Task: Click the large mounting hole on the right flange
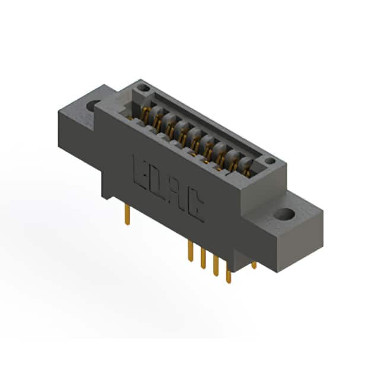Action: coord(285,214)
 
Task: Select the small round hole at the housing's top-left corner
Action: coord(143,87)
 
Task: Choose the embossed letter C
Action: coord(195,207)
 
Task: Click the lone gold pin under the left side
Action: coord(128,214)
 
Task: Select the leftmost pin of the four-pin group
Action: coord(191,251)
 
